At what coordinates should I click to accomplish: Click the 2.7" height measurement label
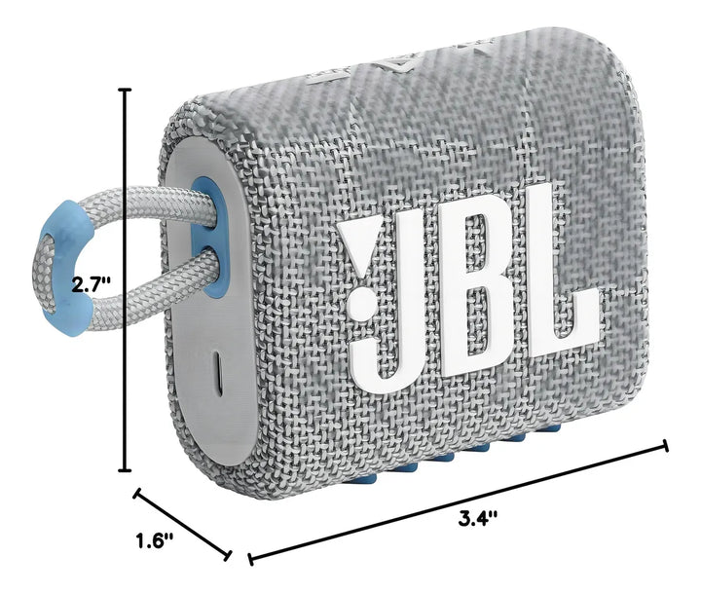(92, 284)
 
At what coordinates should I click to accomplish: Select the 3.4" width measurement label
(478, 518)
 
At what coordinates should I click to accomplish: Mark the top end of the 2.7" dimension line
(125, 89)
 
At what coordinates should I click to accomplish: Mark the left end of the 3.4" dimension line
(252, 559)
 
